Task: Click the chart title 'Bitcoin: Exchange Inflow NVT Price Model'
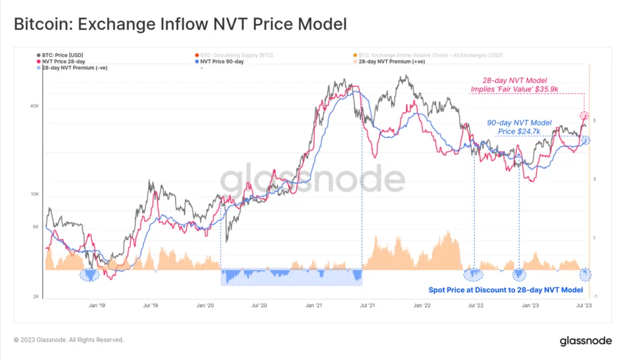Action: (180, 25)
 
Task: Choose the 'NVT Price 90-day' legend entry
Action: (226, 62)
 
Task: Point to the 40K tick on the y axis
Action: (35, 107)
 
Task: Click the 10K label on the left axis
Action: (35, 195)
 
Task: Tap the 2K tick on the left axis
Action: (37, 297)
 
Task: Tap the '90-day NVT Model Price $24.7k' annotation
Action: (519, 127)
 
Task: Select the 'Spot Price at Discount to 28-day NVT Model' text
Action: (505, 290)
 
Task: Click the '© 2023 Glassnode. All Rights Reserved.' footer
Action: (69, 340)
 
